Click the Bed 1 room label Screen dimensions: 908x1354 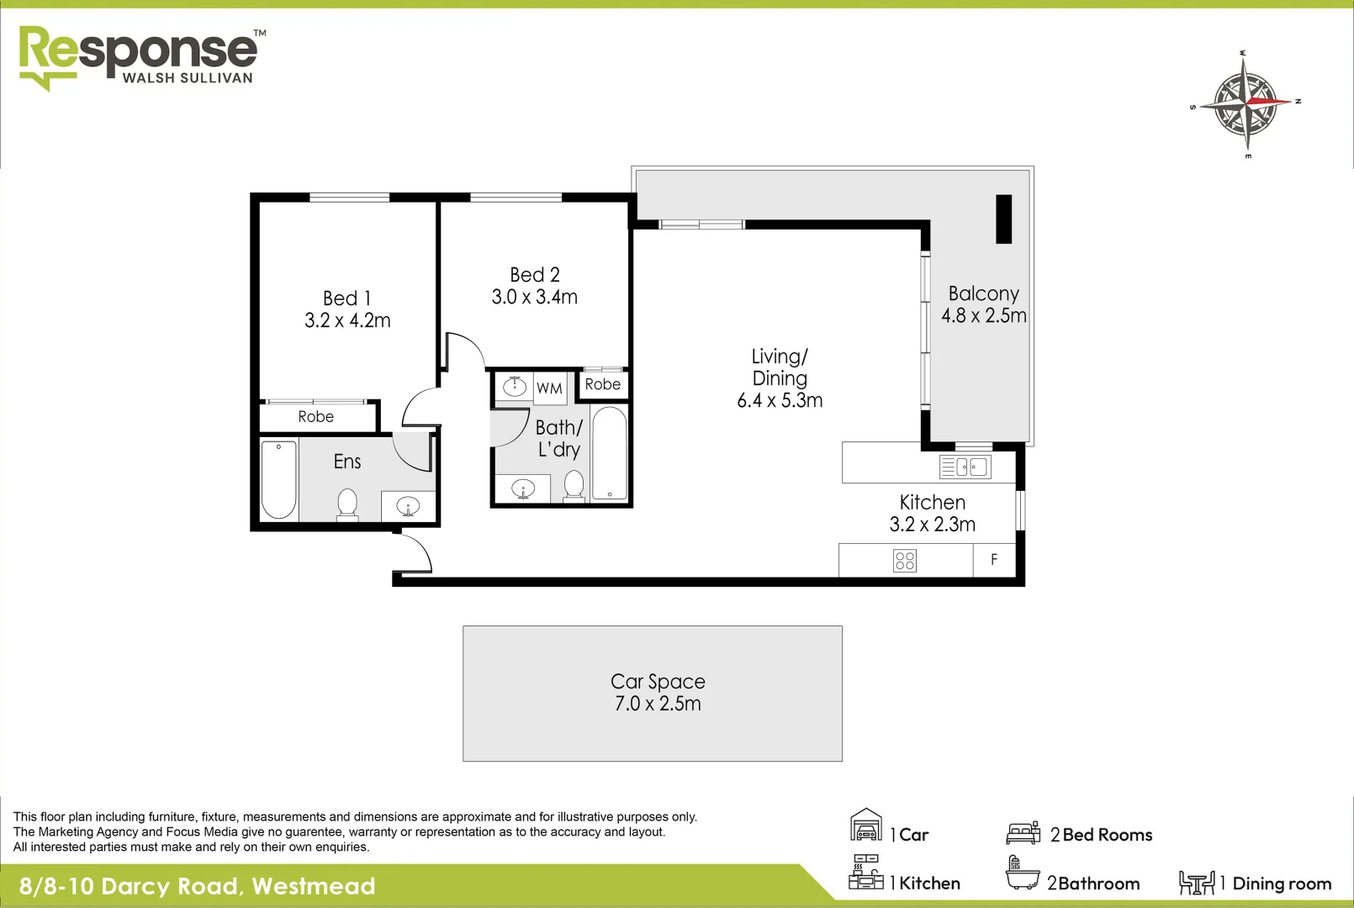click(x=346, y=298)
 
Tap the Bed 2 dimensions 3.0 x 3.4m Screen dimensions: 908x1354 click(x=534, y=297)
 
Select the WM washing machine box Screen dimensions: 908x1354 click(x=549, y=388)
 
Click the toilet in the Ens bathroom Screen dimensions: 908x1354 click(x=347, y=504)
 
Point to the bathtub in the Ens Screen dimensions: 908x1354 click(x=278, y=479)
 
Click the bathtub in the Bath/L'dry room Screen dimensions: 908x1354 click(x=609, y=454)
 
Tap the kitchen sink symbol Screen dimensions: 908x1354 click(x=965, y=467)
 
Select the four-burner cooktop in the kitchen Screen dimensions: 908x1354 click(x=905, y=561)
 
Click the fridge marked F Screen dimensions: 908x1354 click(x=994, y=560)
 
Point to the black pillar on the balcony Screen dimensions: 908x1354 click(x=1003, y=219)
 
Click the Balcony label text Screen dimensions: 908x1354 click(x=983, y=293)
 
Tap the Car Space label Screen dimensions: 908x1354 click(x=658, y=681)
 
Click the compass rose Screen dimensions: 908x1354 click(x=1245, y=103)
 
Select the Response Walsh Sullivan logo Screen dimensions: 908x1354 click(x=139, y=56)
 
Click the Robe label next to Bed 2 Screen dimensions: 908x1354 click(x=603, y=384)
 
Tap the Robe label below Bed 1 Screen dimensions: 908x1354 click(x=315, y=417)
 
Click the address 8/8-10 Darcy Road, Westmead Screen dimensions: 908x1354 click(x=197, y=886)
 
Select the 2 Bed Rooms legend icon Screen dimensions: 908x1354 click(x=1023, y=833)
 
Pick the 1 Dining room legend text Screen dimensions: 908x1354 click(x=1282, y=884)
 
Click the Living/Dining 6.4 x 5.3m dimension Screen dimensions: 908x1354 click(x=780, y=401)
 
